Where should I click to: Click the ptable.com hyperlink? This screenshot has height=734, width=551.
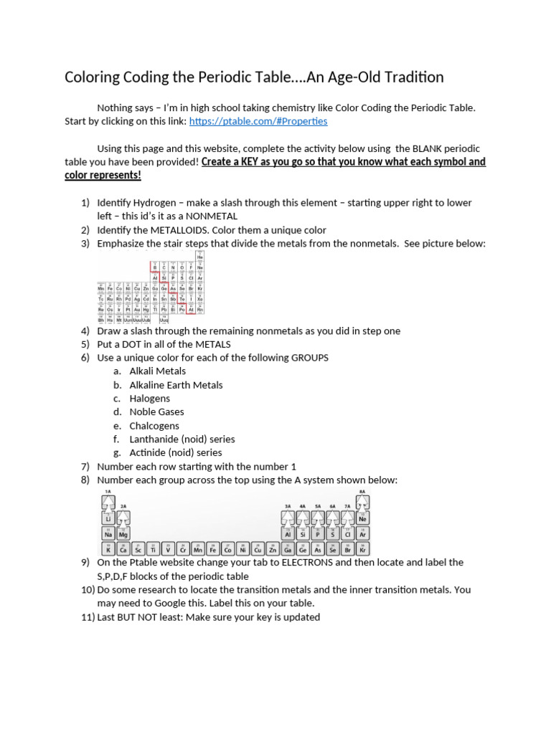(258, 121)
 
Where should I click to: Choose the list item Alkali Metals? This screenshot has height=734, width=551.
(157, 371)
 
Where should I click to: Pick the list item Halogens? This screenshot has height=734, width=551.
(149, 399)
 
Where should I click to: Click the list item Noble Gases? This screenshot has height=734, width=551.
(156, 412)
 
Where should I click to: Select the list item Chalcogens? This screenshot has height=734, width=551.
(154, 426)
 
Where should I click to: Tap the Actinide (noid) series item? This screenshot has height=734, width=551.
(175, 453)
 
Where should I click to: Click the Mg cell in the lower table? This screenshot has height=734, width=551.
(123, 534)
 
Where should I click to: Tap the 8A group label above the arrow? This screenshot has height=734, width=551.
(362, 492)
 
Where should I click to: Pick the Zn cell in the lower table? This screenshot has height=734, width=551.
(273, 550)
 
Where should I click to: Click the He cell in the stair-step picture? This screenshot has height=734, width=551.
(200, 257)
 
